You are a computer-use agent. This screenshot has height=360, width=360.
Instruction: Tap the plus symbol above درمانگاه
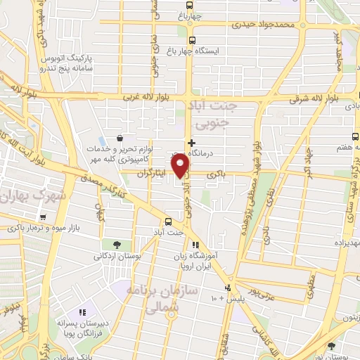click(191, 142)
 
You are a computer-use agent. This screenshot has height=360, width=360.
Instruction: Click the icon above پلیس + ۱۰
click(227, 288)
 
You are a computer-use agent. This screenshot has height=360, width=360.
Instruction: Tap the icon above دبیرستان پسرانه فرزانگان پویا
click(82, 311)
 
